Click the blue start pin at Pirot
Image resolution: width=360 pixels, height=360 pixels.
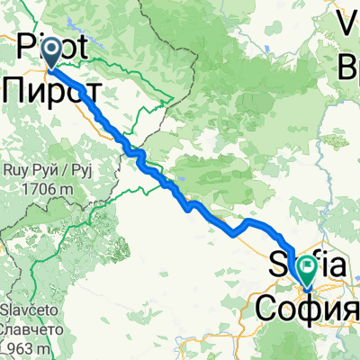pyautogui.click(x=49, y=50)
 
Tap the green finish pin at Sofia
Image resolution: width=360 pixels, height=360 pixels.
pyautogui.click(x=307, y=266)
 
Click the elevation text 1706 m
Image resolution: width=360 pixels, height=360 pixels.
pyautogui.click(x=41, y=190)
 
